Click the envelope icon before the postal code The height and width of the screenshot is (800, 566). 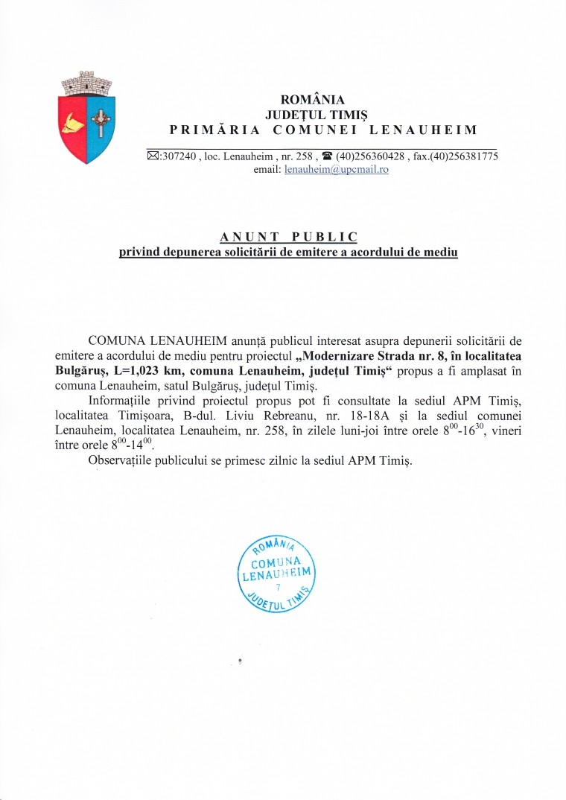pyautogui.click(x=153, y=156)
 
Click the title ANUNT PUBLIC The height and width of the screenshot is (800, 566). pyautogui.click(x=289, y=237)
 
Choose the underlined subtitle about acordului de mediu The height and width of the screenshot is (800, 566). pyautogui.click(x=289, y=253)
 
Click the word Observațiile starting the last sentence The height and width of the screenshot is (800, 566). pyautogui.click(x=117, y=460)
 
